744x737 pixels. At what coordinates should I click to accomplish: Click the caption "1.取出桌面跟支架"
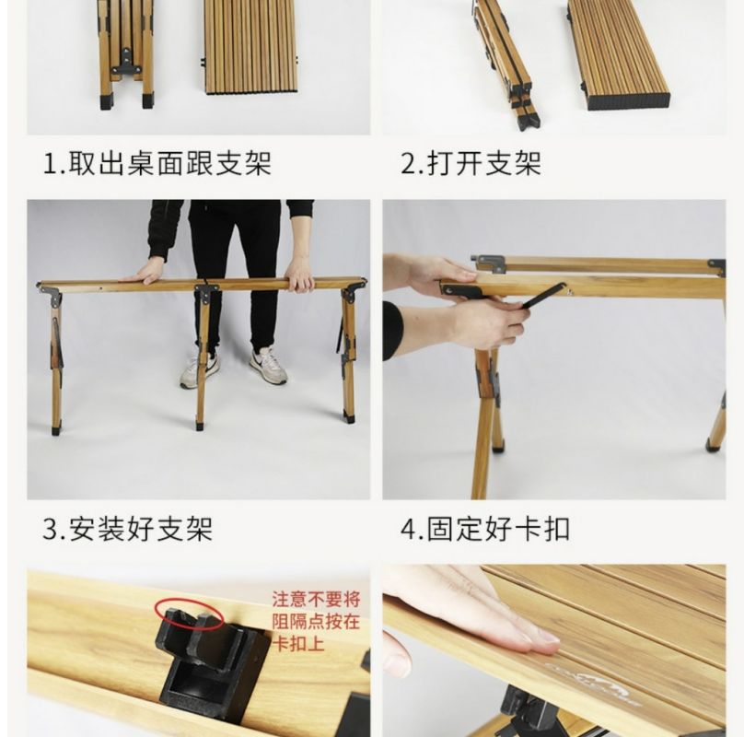tap(157, 164)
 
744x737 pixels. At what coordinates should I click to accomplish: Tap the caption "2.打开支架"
tap(471, 164)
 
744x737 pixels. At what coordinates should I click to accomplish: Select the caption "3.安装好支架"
tap(128, 529)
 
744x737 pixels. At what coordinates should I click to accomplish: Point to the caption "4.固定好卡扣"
tap(485, 529)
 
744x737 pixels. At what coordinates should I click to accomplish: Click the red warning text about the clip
tap(316, 622)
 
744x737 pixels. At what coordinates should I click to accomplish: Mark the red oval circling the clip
tap(190, 614)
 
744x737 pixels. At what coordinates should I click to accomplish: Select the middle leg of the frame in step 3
tap(203, 357)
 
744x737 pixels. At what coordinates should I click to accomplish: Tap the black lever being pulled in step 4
tap(543, 296)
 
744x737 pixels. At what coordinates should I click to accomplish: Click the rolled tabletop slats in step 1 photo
tap(250, 47)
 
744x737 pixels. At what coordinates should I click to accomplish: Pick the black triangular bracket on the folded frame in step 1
tap(126, 62)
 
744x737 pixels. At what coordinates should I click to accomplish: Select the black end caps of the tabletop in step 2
tap(629, 100)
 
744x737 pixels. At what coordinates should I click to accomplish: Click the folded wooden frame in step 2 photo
tap(506, 62)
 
